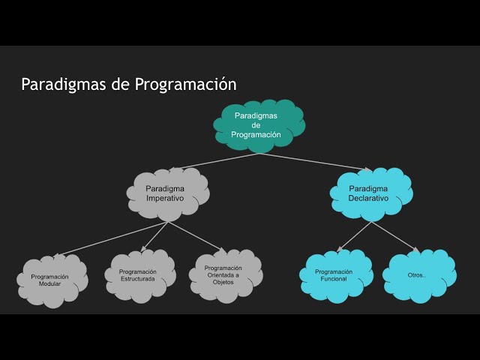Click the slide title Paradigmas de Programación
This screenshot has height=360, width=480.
(x=128, y=84)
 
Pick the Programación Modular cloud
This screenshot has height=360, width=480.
(x=50, y=280)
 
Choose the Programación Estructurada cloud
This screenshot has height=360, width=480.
(x=138, y=275)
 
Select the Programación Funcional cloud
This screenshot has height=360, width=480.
(x=334, y=275)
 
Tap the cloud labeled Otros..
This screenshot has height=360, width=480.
(x=417, y=275)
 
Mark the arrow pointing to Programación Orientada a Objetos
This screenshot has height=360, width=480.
(x=195, y=237)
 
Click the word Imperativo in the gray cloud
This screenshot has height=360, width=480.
(x=166, y=199)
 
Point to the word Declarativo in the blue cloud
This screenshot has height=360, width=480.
(x=368, y=199)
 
